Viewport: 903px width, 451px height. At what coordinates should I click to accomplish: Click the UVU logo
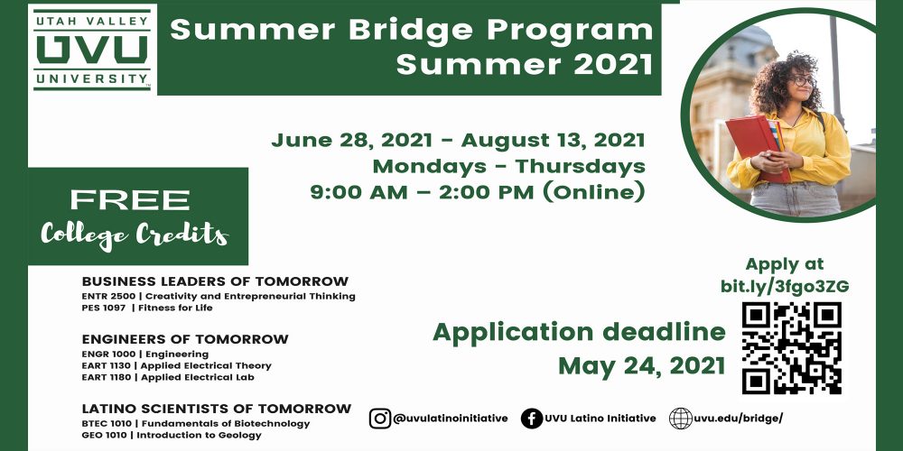tap(92, 49)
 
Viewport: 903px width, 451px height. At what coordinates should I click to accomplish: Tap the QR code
tap(792, 347)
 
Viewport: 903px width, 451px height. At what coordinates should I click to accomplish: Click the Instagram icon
tap(379, 419)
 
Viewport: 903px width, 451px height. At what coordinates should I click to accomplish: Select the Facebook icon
tap(532, 419)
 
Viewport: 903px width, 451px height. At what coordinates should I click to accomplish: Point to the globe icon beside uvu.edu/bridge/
tap(680, 419)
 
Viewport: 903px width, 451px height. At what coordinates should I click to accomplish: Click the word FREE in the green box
tap(129, 200)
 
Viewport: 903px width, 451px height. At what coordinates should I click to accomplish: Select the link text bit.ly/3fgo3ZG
tap(785, 287)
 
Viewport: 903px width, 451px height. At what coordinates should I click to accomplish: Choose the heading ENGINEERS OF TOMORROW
tap(185, 339)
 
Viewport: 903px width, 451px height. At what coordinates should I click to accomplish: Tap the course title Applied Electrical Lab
tap(198, 377)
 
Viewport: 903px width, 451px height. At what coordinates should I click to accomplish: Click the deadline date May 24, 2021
tap(641, 366)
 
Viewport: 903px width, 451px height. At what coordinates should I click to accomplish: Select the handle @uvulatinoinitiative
tap(451, 419)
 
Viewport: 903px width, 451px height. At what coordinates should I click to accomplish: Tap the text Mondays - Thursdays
tap(508, 166)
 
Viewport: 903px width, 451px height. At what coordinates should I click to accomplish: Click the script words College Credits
tap(135, 235)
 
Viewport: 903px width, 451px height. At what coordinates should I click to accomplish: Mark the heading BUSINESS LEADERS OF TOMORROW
tap(216, 281)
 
